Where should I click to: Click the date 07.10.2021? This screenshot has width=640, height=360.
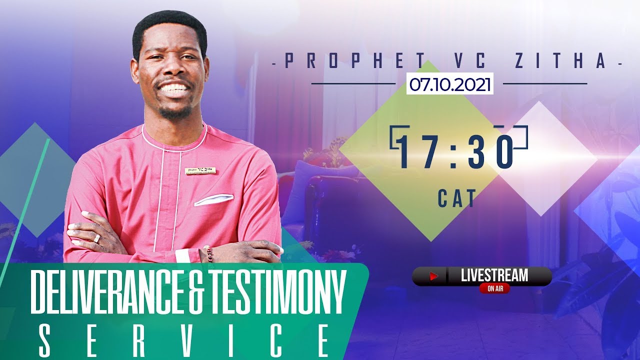pos(449,84)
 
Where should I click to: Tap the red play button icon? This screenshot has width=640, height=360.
pos(433,276)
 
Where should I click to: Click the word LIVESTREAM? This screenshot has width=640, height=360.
pos(494,275)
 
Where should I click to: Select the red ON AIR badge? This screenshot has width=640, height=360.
pos(494,288)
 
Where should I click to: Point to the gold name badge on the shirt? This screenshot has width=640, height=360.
pos(200,171)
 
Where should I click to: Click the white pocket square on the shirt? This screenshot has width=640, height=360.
pos(213,199)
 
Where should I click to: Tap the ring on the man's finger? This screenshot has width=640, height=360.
pos(96,238)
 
